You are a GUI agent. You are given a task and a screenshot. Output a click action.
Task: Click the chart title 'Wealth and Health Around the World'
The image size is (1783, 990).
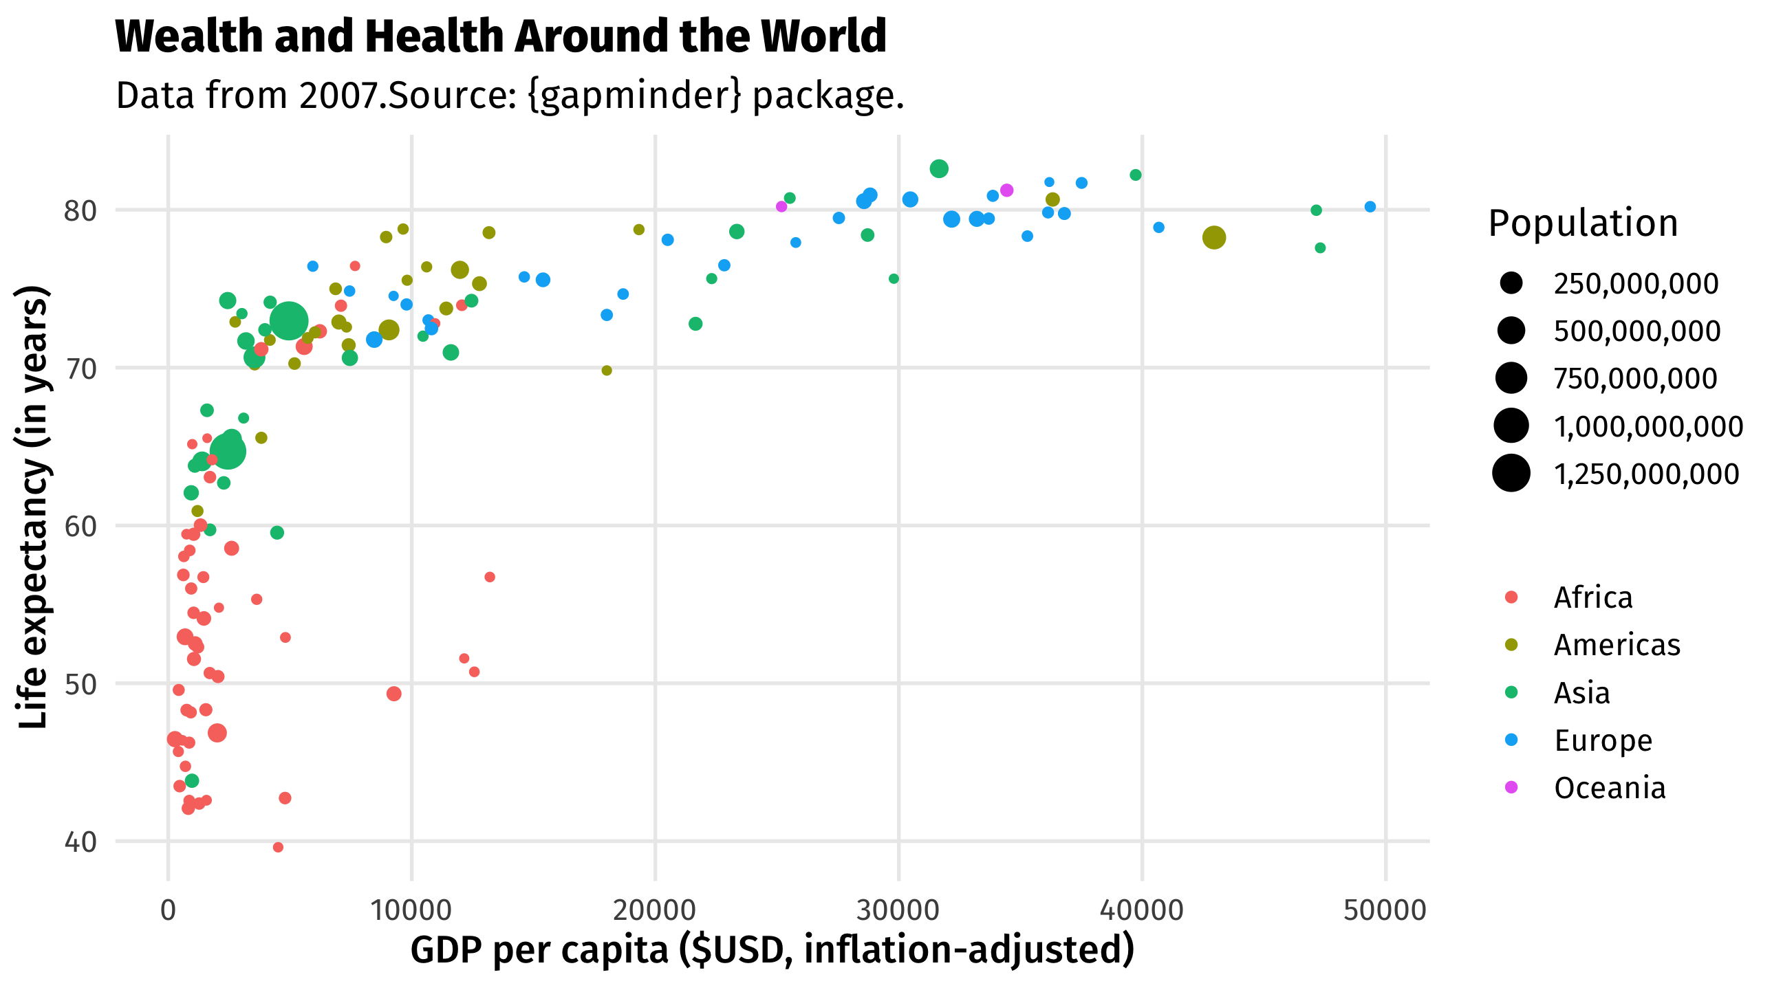[500, 36]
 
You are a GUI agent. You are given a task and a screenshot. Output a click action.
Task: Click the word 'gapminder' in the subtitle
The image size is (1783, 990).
[634, 96]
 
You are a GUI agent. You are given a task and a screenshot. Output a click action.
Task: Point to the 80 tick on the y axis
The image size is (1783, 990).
[80, 211]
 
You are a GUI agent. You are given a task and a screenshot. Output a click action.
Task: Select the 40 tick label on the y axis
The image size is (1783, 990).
[80, 843]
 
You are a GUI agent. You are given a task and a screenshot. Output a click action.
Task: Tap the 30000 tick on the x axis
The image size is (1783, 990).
[898, 910]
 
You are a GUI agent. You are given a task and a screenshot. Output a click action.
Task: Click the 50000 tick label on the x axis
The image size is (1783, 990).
[1385, 910]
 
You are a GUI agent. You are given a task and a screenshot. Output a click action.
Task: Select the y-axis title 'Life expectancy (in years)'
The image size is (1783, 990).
[33, 507]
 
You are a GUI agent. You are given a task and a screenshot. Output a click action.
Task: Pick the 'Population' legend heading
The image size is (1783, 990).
[1583, 223]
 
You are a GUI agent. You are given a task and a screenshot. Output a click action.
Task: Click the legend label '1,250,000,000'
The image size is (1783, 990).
[1646, 474]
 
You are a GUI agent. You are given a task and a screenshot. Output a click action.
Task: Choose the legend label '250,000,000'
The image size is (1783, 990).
[1636, 284]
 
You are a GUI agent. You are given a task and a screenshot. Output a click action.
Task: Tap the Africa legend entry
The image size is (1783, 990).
[1592, 597]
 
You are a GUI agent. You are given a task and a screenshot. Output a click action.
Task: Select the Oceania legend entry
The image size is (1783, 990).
[1609, 789]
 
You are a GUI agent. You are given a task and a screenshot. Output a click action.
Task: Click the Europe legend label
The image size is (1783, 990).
[1603, 741]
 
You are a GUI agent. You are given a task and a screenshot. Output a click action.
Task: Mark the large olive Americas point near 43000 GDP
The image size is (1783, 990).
[1213, 238]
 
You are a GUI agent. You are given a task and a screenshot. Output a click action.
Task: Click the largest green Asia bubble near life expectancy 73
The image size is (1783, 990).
[289, 321]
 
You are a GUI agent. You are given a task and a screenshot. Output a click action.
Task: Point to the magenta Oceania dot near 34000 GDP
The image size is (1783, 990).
[1007, 190]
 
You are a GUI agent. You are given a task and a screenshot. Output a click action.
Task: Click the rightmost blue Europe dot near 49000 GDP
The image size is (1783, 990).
[1370, 207]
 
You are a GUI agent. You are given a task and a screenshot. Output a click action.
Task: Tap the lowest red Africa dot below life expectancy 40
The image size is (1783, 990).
[278, 848]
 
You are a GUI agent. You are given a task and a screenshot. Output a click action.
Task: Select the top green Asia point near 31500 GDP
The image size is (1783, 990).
[938, 169]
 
